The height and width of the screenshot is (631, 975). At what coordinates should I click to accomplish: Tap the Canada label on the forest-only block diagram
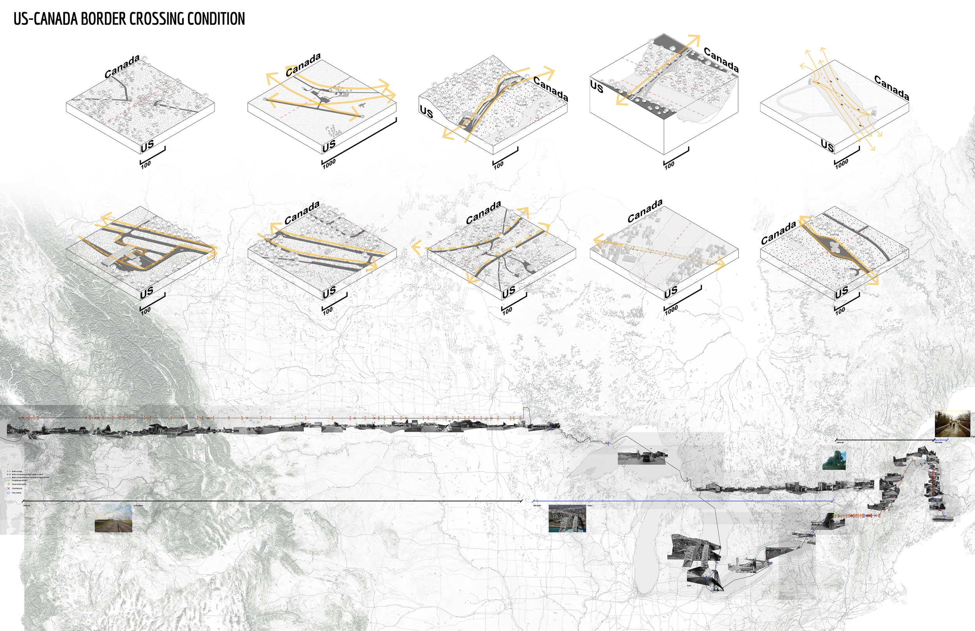pos(122,66)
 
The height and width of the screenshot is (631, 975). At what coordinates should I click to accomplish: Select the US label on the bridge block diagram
pos(596,87)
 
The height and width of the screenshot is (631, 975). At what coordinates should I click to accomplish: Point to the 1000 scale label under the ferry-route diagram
pos(842,163)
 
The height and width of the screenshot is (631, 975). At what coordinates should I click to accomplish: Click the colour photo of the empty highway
pos(113,518)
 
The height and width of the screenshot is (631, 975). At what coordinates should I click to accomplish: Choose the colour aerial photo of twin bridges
pos(567,518)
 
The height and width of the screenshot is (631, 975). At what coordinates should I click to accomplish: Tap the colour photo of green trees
pos(834,460)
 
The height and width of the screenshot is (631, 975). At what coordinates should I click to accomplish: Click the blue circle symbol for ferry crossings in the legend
pos(9,493)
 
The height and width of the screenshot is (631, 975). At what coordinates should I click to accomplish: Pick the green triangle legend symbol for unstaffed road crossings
pos(9,480)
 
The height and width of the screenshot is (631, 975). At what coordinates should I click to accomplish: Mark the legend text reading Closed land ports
pos(17,488)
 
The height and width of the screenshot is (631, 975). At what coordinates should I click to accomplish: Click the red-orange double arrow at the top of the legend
pos(9,471)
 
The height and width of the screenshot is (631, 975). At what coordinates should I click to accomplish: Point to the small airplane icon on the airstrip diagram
pos(361,105)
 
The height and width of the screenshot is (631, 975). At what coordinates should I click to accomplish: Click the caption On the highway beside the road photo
pos(138,506)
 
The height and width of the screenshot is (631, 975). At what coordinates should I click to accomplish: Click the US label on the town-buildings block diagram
pos(671,292)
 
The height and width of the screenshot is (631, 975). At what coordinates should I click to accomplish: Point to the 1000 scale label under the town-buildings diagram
pos(671,310)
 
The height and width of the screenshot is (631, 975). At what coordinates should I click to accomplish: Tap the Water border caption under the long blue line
pos(537,506)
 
